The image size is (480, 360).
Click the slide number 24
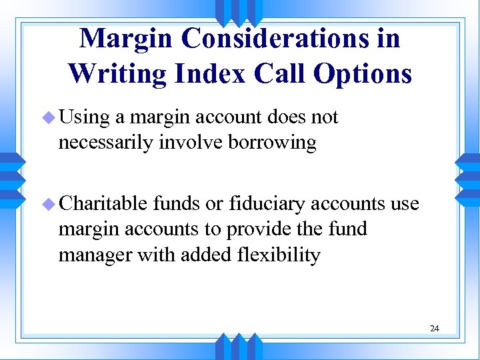[x=435, y=329]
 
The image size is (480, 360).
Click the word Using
[x=84, y=118]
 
